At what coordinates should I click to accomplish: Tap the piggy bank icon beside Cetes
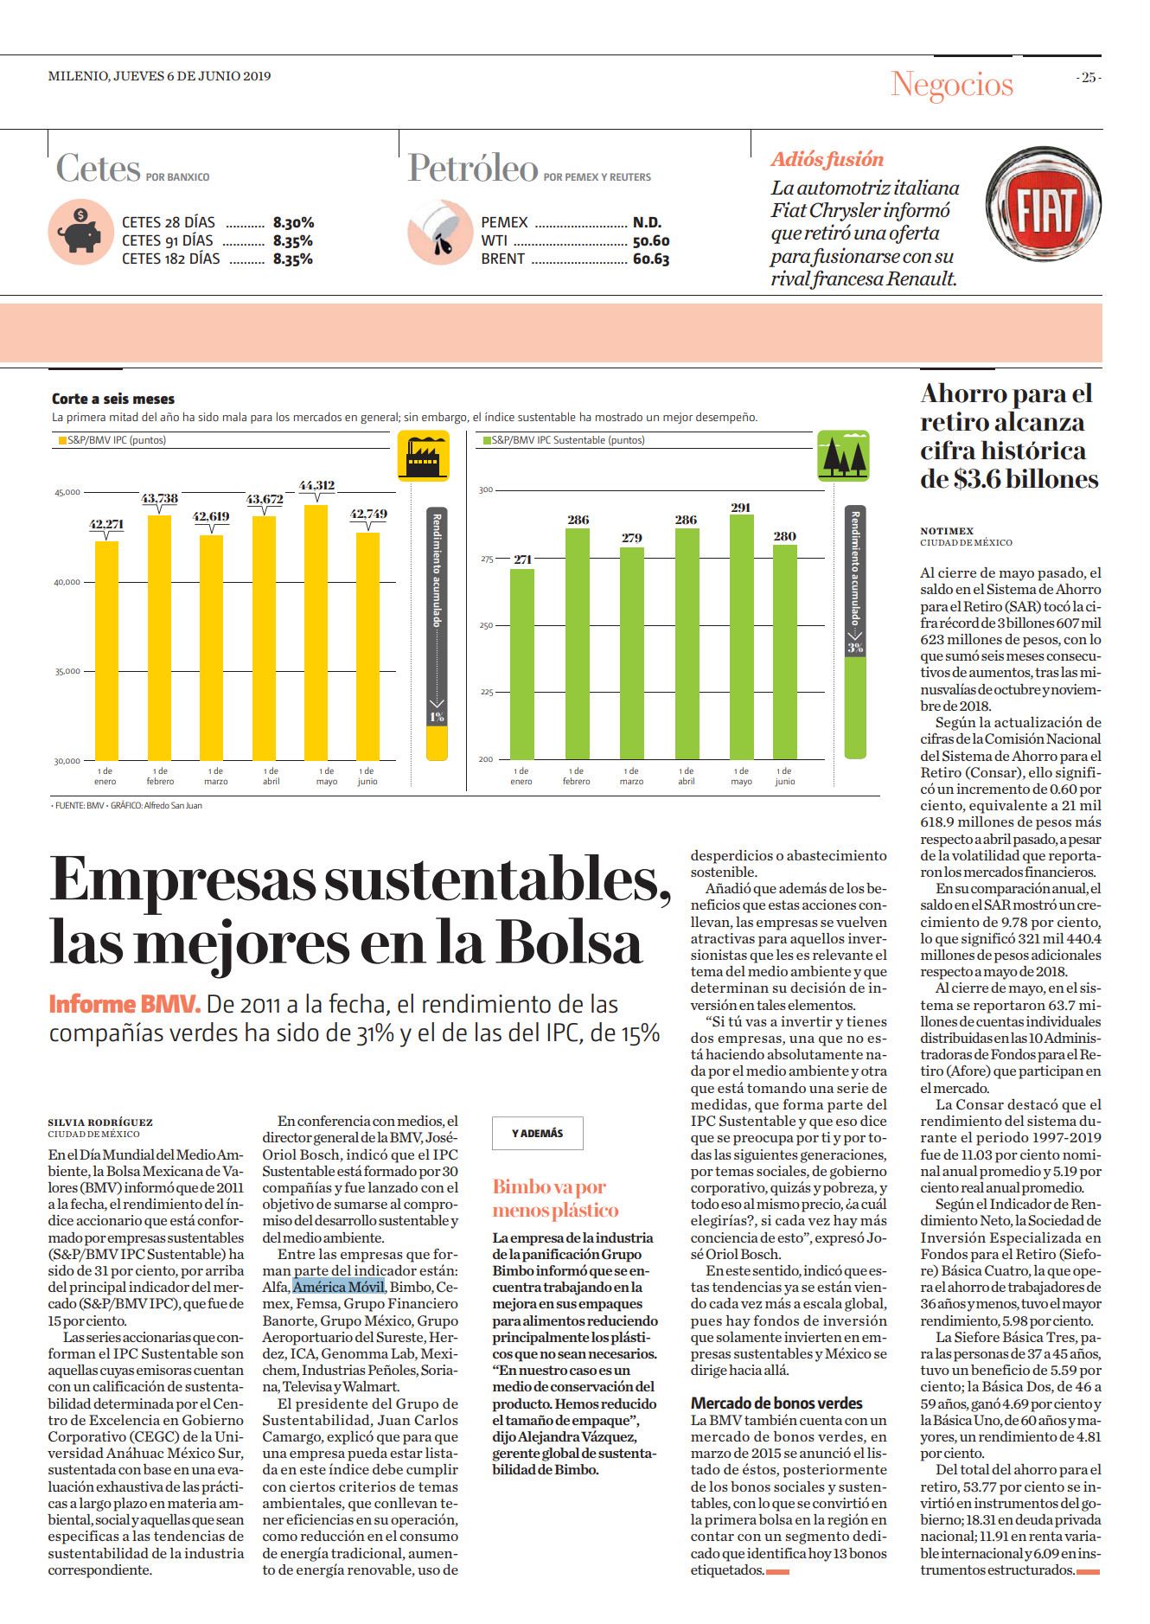click(x=80, y=232)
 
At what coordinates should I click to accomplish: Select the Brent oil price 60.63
click(x=651, y=259)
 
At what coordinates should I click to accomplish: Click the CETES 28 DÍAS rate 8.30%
click(x=293, y=222)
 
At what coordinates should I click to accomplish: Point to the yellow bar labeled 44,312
click(x=316, y=632)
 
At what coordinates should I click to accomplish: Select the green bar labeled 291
click(x=741, y=637)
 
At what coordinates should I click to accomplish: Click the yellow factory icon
click(x=423, y=455)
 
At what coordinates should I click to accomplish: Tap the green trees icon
click(x=843, y=456)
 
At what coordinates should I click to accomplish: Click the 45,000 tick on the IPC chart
click(x=67, y=492)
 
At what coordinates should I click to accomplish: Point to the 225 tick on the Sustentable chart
click(x=487, y=692)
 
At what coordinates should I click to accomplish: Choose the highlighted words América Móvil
click(x=338, y=1287)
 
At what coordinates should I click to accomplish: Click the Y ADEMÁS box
click(x=538, y=1133)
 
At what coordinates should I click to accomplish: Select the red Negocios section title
click(x=952, y=85)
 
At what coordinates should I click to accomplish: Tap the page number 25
click(x=1089, y=78)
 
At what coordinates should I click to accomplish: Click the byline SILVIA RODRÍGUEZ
click(x=100, y=1122)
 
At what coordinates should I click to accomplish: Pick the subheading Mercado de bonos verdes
click(x=776, y=1403)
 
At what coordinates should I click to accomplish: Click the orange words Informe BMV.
click(x=125, y=1004)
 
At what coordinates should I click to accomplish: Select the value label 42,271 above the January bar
click(x=106, y=524)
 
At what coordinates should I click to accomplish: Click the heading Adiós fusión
click(x=827, y=159)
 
